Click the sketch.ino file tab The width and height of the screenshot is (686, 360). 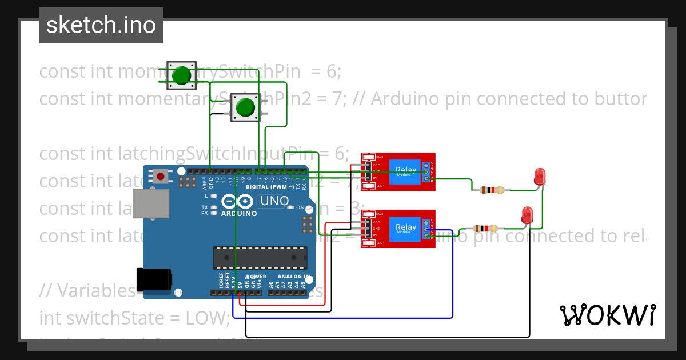(101, 25)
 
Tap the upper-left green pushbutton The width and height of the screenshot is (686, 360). (181, 75)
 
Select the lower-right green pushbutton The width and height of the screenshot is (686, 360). (245, 107)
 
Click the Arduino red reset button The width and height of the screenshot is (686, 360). (161, 176)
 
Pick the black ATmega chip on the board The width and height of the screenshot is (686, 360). (260, 258)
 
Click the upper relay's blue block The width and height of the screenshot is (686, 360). (406, 170)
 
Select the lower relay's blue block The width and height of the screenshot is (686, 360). (406, 227)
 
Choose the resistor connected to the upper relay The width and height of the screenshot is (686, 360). (492, 190)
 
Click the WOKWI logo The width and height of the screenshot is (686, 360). (607, 315)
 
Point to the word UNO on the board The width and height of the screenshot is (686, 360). (274, 201)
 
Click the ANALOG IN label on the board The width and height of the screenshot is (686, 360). (290, 277)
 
